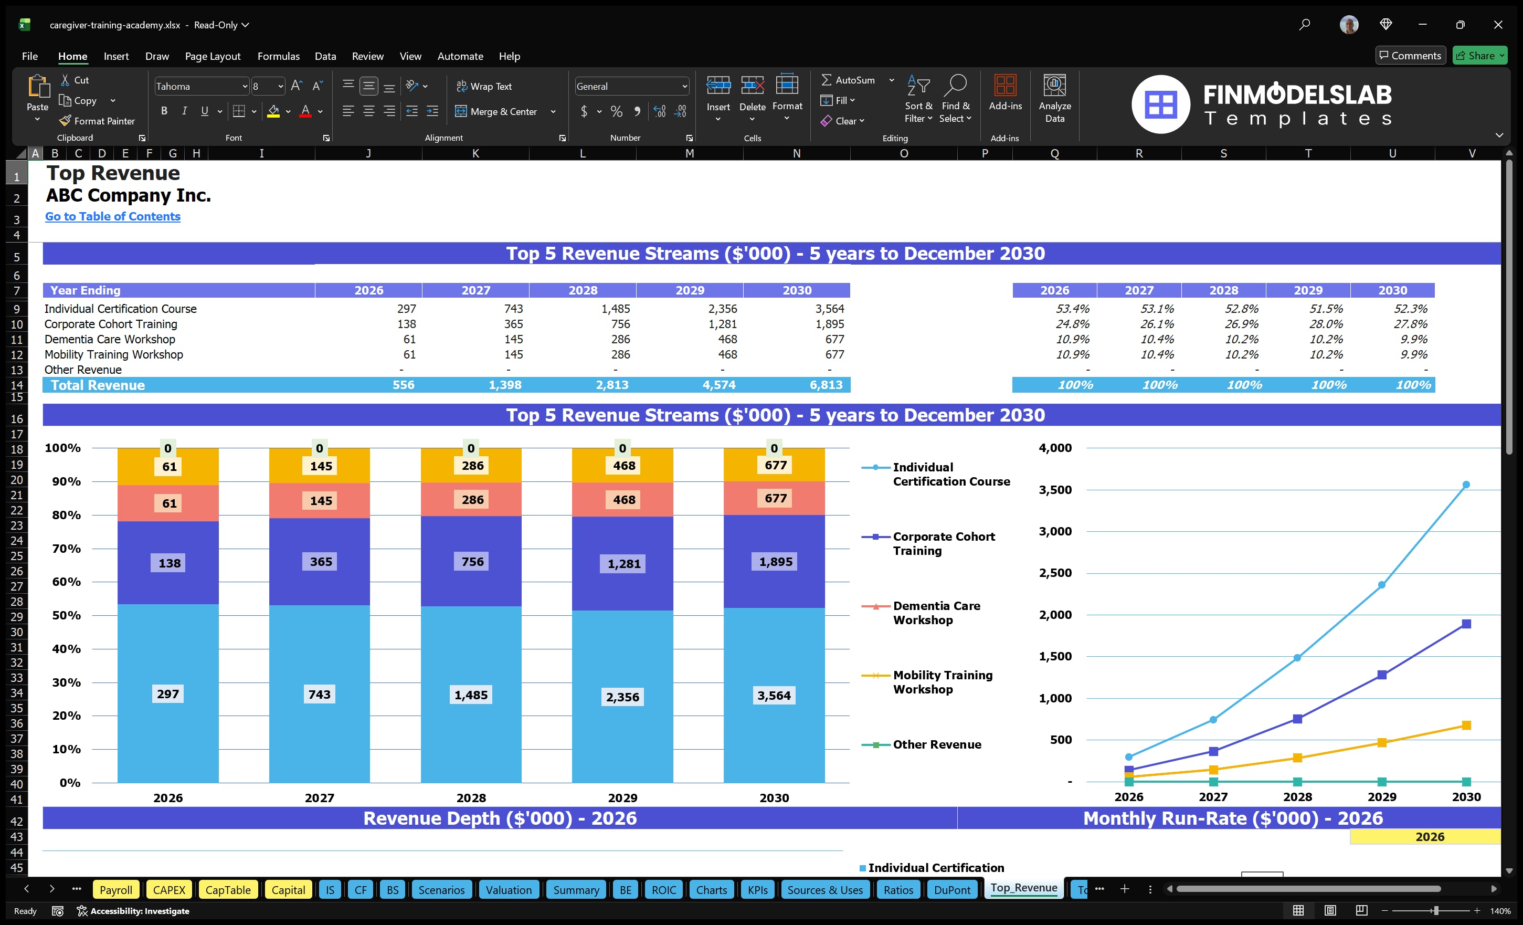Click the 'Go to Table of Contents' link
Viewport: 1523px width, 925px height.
pos(112,216)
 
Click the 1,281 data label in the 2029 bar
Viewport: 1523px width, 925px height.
pos(623,564)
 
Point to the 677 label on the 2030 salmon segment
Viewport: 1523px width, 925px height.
pos(775,498)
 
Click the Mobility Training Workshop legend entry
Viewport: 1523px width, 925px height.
pos(942,682)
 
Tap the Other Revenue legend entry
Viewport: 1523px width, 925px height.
pos(936,744)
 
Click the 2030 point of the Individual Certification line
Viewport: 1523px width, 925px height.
pos(1465,485)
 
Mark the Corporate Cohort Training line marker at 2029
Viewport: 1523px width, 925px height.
pos(1381,675)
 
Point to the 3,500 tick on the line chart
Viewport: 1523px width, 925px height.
pos(1054,490)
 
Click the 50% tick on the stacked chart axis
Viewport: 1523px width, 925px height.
pos(66,615)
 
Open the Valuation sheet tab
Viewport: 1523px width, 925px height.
pos(508,890)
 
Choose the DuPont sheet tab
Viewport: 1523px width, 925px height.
pos(952,890)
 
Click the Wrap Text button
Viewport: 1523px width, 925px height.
pos(484,87)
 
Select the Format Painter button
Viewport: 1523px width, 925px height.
pos(97,121)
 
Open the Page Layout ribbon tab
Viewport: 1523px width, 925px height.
pos(213,56)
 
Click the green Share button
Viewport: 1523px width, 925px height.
pos(1479,56)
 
